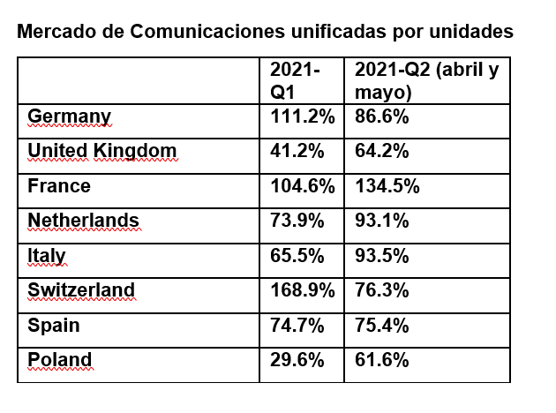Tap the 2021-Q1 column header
295,81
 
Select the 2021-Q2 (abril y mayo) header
426,81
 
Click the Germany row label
70,116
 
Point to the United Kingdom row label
102,151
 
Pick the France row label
59,186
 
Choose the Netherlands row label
84,221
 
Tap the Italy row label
47,256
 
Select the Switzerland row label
81,290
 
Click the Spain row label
54,325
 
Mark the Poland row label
59,360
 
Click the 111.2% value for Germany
302,116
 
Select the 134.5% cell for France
387,186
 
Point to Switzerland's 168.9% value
302,290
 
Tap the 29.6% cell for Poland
296,360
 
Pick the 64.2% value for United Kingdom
381,151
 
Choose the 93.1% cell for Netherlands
381,221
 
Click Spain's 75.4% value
381,325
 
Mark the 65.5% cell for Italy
296,256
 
